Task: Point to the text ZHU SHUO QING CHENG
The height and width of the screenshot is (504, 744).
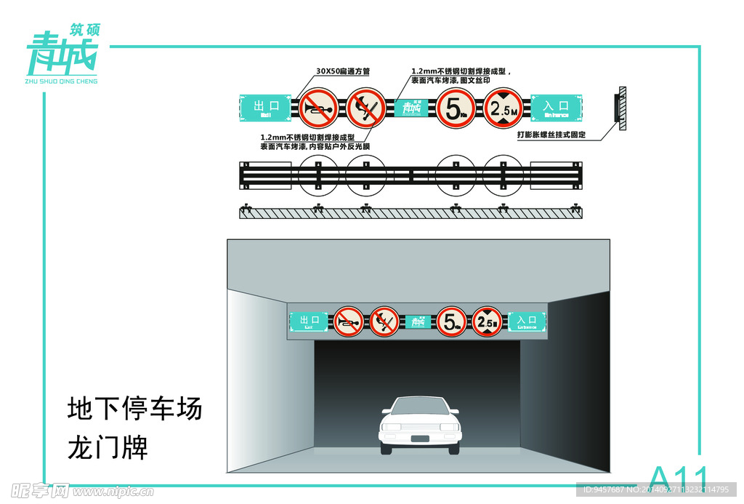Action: tap(61, 81)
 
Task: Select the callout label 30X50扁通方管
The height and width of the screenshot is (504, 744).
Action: tap(343, 71)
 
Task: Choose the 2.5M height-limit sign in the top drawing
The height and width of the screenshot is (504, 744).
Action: tap(504, 108)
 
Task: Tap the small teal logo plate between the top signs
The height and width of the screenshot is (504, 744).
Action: tap(411, 108)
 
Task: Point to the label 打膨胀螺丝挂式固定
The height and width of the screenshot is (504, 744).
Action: tap(551, 135)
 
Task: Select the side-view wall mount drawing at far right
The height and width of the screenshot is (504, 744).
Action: tap(621, 108)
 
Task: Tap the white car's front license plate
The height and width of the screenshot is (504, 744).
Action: tap(420, 438)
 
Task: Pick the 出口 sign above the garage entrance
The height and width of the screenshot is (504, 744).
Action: tap(310, 321)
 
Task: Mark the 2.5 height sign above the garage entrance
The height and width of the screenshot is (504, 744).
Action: tap(486, 321)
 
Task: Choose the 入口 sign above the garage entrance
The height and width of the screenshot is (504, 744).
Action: tap(527, 321)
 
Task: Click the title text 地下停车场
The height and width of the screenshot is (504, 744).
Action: tap(134, 409)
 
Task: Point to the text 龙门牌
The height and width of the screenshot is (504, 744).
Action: tap(108, 447)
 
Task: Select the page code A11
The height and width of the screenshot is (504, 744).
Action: tap(678, 478)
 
